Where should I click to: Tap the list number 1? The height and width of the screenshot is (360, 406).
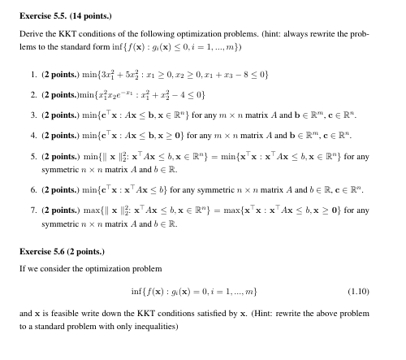coord(31,74)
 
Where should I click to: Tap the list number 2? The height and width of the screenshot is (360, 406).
coord(31,95)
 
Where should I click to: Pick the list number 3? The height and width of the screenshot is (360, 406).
coord(31,116)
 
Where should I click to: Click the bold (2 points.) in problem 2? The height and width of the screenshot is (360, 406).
coord(62,95)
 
